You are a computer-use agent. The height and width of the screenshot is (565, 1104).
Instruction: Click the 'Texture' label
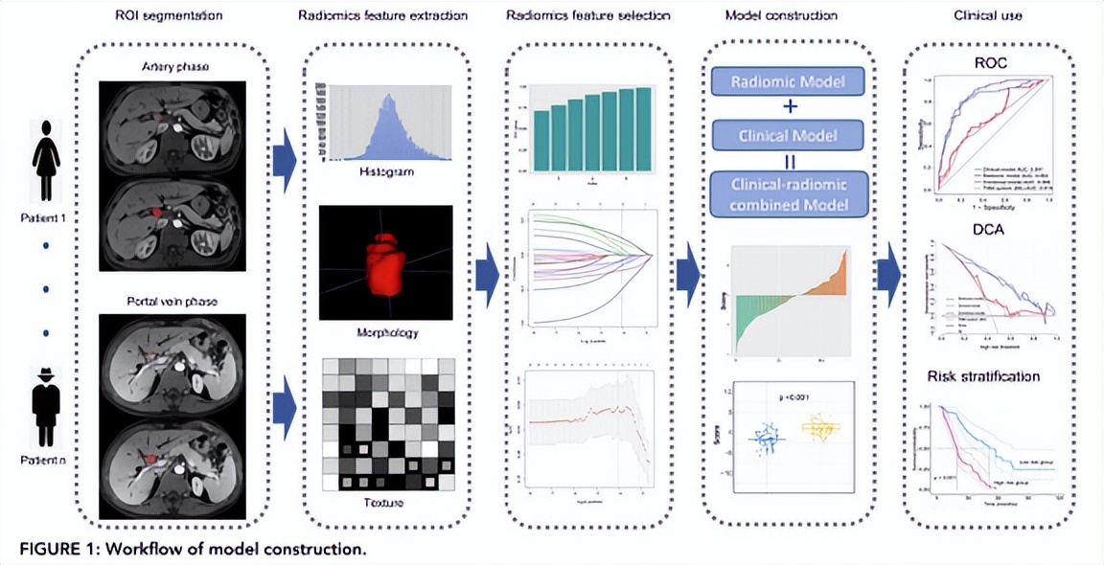[x=386, y=502]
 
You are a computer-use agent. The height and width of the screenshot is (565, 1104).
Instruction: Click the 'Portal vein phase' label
[x=172, y=302]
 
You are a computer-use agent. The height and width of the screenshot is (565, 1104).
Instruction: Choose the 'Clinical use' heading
[x=988, y=16]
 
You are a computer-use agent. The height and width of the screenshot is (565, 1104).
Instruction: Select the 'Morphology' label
[x=386, y=332]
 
